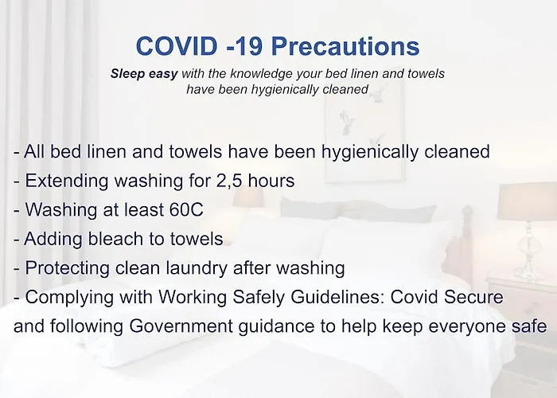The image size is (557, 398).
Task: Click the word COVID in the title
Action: pos(177,46)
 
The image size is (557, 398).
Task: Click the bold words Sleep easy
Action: pos(144,74)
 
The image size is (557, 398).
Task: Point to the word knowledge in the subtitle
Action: pos(262,73)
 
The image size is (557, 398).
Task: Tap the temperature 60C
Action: pos(186,209)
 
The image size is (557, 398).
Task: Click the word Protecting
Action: pos(67,268)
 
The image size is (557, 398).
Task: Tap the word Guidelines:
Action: pos(337,297)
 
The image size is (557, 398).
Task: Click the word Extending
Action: pos(67,181)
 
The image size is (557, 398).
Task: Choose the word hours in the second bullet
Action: pos(271,181)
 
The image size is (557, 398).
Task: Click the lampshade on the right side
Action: pos(527,201)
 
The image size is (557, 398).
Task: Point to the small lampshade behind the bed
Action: pos(248,197)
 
